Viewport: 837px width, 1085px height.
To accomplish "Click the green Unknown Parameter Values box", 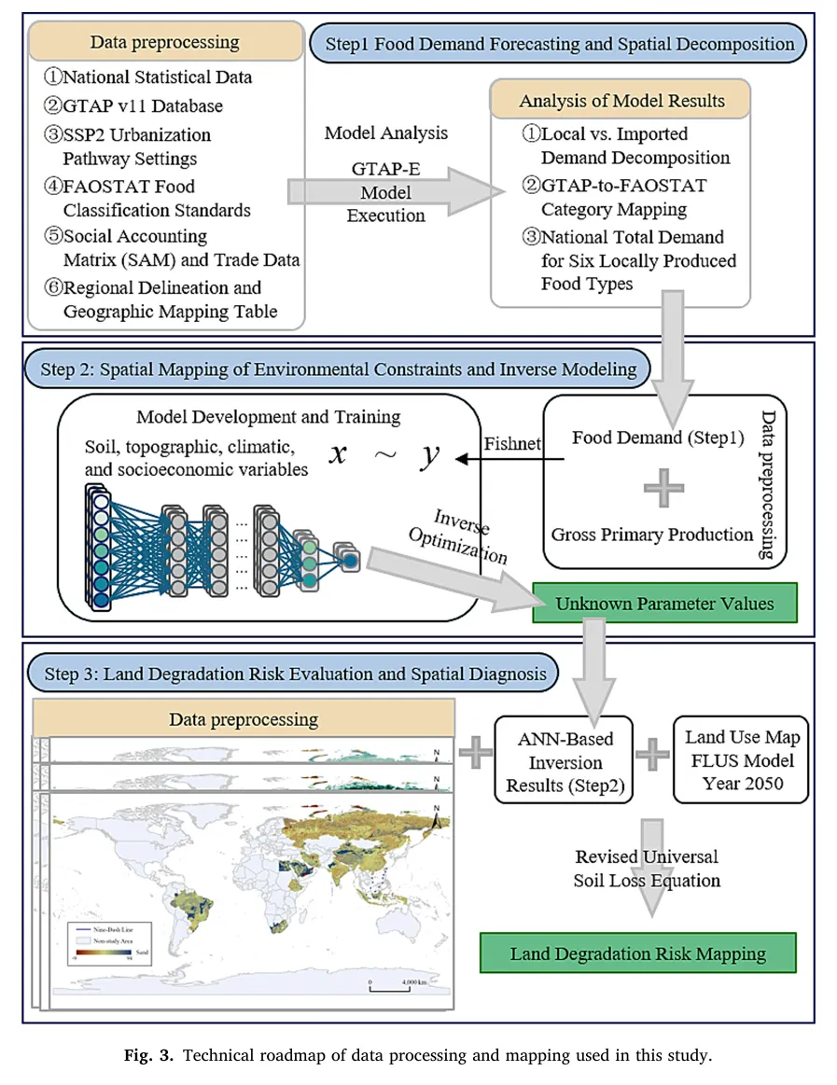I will (x=664, y=603).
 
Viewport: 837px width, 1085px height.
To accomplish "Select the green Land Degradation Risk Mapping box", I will (x=638, y=953).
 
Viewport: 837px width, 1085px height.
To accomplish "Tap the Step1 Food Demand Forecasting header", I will (x=559, y=43).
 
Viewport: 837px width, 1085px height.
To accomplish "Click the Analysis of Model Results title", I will (x=621, y=101).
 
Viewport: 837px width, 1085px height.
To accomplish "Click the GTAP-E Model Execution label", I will (x=385, y=190).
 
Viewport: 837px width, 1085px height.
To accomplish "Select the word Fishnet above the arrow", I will (x=512, y=443).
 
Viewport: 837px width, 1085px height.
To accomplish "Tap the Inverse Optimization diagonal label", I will (x=470, y=535).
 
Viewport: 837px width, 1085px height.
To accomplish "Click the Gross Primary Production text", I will (x=651, y=535).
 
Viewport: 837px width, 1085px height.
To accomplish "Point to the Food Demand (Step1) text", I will (x=651, y=437).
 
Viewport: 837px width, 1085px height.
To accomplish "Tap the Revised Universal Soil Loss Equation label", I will (x=646, y=868).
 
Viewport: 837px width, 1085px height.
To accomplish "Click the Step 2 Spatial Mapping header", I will (x=339, y=369).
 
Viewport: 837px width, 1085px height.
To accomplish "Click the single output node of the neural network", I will (x=349, y=561).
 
